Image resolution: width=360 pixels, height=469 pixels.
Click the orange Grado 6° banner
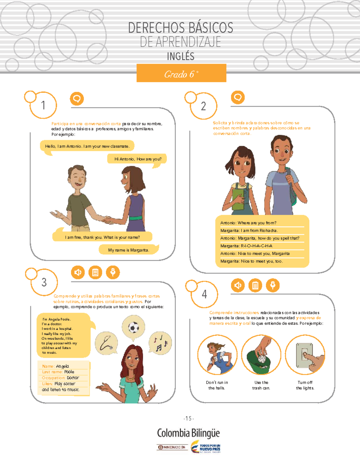pyautogui.click(x=181, y=73)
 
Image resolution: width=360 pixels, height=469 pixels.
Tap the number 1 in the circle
pyautogui.click(x=43, y=105)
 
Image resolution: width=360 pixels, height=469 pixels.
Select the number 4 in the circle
pyautogui.click(x=204, y=294)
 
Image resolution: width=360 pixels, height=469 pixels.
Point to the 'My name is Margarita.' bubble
pyautogui.click(x=129, y=250)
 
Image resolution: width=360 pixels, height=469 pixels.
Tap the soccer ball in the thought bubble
pyautogui.click(x=133, y=327)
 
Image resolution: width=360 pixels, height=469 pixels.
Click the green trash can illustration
pyautogui.click(x=259, y=362)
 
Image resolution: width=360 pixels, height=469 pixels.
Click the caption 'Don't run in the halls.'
pyautogui.click(x=217, y=385)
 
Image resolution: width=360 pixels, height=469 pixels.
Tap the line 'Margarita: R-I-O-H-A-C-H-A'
pyautogui.click(x=246, y=246)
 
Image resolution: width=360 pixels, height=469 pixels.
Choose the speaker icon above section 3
pyautogui.click(x=78, y=272)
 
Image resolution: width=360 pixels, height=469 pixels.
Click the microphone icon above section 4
pyautogui.click(x=273, y=285)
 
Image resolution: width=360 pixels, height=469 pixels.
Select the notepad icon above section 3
pyautogui.click(x=95, y=272)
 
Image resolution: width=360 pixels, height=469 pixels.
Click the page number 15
pyautogui.click(x=188, y=419)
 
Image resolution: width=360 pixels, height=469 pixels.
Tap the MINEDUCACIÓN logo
pyautogui.click(x=172, y=447)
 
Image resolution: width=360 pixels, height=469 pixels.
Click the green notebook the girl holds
pyautogui.click(x=238, y=199)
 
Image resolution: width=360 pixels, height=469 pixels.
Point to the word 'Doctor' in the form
pyautogui.click(x=73, y=378)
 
